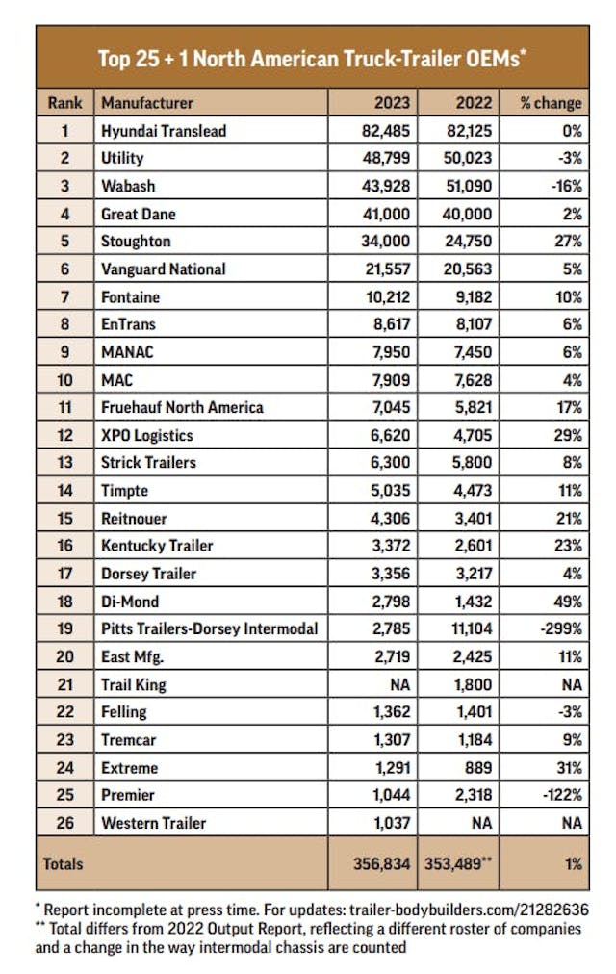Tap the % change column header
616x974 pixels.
point(551,103)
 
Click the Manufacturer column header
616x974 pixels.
point(147,103)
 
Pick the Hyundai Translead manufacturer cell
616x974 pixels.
point(164,130)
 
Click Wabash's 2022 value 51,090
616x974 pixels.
point(474,186)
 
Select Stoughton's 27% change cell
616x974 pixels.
point(567,242)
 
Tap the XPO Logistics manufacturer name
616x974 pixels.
point(146,435)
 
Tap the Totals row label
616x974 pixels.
point(64,863)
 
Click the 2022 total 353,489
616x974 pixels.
point(458,863)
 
